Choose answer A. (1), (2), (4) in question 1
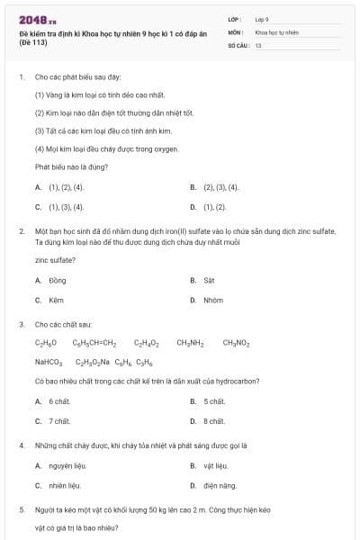click(x=59, y=187)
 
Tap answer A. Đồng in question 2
click(x=51, y=281)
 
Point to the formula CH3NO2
click(x=236, y=343)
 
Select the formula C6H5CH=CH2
click(x=94, y=343)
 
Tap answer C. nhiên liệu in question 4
click(x=58, y=485)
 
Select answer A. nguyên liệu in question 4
click(x=59, y=465)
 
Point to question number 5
click(x=22, y=509)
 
